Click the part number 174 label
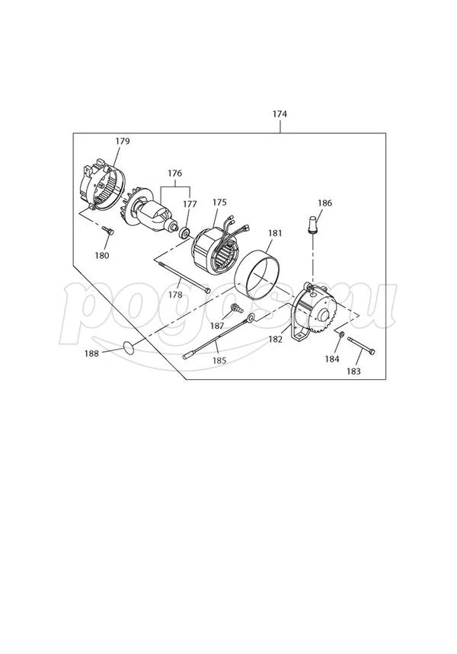point(280,114)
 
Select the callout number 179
point(123,141)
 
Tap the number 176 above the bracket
point(175,174)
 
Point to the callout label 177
point(190,204)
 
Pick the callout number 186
point(324,203)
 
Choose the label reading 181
point(275,233)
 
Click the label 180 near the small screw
point(102,255)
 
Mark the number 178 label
point(175,294)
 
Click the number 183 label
point(353,372)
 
